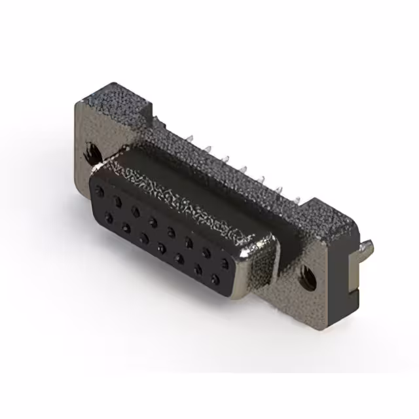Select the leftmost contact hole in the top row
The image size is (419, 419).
(x=100, y=191)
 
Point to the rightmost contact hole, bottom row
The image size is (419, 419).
(x=215, y=270)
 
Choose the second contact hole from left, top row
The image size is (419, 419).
(x=117, y=199)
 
